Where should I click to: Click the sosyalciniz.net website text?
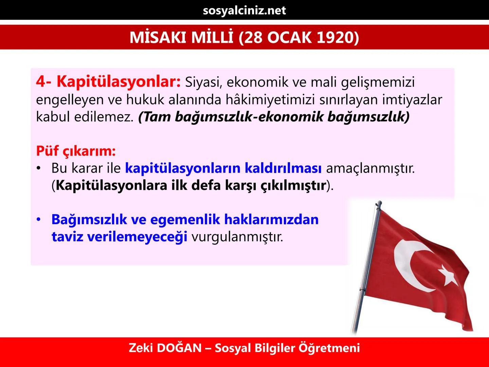pyautogui.click(x=244, y=11)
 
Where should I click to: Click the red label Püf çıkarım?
pyautogui.click(x=76, y=151)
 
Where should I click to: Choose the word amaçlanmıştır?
pyautogui.click(x=370, y=168)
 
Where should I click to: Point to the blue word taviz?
pyautogui.click(x=68, y=237)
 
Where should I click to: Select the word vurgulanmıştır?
pyautogui.click(x=237, y=237)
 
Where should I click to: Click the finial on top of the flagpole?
pyautogui.click(x=378, y=204)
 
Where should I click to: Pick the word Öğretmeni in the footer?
pyautogui.click(x=329, y=348)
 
